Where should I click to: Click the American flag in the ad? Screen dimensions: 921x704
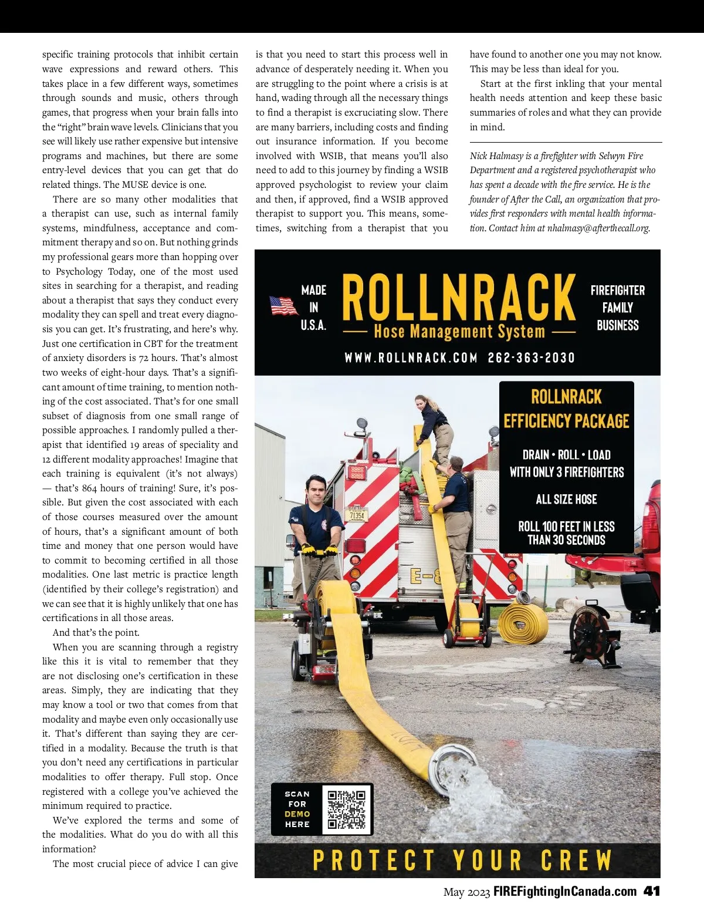284,306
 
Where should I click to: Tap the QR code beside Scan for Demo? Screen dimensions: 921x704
347,809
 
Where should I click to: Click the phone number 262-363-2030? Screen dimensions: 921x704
531,357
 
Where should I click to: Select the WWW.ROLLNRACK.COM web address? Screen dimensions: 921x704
411,357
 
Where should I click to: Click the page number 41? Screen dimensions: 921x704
652,891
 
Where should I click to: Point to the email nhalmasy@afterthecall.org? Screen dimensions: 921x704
598,228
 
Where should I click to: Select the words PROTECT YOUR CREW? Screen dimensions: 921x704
462,861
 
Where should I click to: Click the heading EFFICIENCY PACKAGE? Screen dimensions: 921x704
566,421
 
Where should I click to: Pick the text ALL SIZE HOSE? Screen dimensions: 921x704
566,500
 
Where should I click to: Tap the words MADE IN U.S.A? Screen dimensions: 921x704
314,308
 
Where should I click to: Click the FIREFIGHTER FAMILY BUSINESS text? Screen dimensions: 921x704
617,308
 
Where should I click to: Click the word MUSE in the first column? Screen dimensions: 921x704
135,184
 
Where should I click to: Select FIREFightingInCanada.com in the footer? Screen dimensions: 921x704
565,891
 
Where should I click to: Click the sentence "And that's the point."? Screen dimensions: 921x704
96,633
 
